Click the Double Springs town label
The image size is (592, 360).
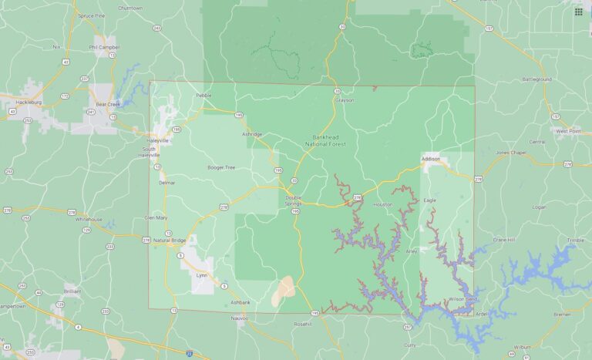coord(294,199)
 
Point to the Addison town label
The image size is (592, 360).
coord(431,159)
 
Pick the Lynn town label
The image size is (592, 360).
coord(203,274)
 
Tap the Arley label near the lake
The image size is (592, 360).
coord(412,251)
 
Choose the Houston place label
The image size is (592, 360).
coord(382,204)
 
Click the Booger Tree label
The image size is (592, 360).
coord(221,167)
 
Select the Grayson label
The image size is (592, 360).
coord(344,99)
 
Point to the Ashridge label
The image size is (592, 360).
coord(252,134)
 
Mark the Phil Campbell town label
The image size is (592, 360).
coord(102,46)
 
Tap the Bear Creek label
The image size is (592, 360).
coord(109,104)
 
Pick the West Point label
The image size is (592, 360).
coord(569,131)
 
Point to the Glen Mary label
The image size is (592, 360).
coord(156,217)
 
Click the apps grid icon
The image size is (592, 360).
coord(578,12)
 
